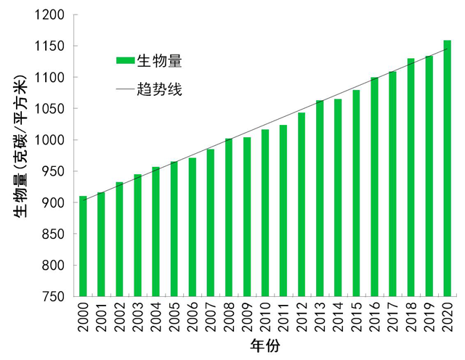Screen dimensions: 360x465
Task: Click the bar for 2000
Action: point(83,247)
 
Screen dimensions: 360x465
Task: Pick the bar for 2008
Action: point(229,218)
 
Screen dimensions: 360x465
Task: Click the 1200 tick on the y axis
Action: point(50,15)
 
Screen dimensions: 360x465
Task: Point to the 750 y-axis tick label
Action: point(54,297)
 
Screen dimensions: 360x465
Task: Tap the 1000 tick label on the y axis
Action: point(50,140)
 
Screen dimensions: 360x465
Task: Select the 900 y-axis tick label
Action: point(54,203)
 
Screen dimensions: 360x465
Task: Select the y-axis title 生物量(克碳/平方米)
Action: point(20,145)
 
